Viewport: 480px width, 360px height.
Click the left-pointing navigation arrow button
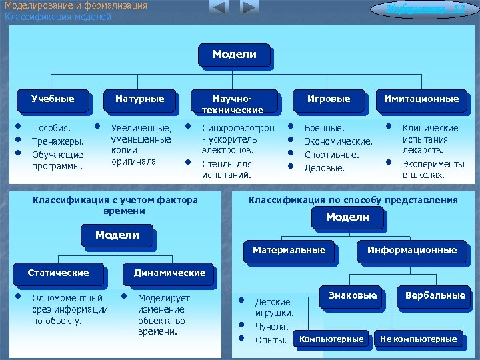219,8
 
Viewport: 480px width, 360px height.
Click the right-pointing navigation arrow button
248,8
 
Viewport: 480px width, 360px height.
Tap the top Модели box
234,55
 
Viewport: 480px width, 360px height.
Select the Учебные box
53,99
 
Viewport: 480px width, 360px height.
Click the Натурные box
139,99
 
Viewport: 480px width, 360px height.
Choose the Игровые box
328,99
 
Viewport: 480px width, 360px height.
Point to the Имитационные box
421,99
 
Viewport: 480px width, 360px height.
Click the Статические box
58,273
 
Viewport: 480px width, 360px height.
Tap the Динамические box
169,273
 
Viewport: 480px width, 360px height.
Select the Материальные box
289,251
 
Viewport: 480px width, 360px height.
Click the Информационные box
411,251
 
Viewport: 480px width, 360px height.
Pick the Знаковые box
353,296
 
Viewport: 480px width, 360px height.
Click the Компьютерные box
331,339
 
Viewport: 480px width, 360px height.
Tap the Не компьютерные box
418,339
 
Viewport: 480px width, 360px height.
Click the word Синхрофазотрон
237,128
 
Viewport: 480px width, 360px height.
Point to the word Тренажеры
58,141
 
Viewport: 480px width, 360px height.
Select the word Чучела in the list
272,327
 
